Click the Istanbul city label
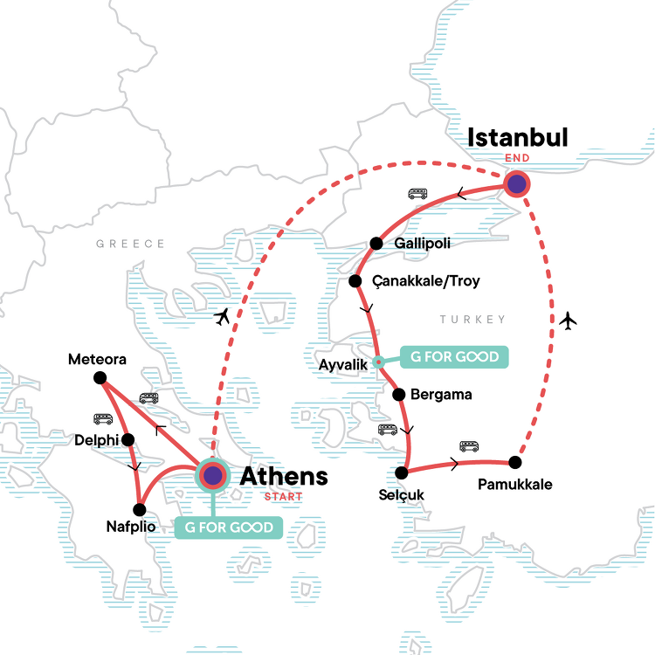tap(518, 138)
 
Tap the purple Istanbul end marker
tap(518, 183)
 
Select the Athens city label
tap(284, 477)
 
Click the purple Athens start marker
tap(212, 476)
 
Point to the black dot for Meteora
tap(100, 377)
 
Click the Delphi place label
tap(96, 439)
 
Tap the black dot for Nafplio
tap(138, 509)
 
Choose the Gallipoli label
tap(422, 244)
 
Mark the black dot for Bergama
tap(399, 395)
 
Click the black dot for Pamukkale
tap(515, 462)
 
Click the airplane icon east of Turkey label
tap(569, 321)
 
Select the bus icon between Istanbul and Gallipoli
tap(417, 194)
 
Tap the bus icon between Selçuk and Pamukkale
tap(470, 445)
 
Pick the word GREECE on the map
tap(131, 244)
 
